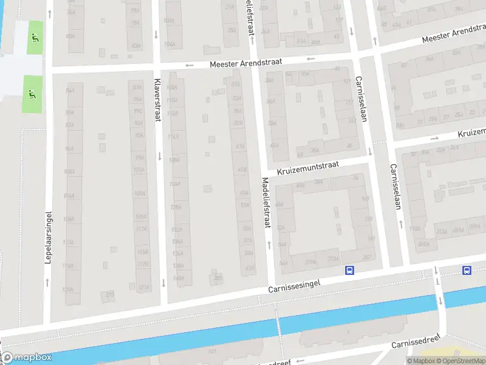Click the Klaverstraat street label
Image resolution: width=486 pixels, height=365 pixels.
click(157, 100)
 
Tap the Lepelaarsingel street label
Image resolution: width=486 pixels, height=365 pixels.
click(48, 237)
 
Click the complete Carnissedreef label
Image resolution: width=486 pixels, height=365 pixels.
click(419, 342)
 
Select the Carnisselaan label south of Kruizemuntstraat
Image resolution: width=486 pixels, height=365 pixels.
click(395, 187)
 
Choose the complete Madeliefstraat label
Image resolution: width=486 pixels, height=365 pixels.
click(265, 203)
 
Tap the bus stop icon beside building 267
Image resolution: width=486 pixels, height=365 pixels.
click(349, 270)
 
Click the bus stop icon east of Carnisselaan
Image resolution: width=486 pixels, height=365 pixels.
click(467, 270)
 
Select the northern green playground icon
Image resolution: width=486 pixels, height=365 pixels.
click(34, 38)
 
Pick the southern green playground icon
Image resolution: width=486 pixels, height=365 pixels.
click(32, 94)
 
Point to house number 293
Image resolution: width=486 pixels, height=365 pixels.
click(109, 294)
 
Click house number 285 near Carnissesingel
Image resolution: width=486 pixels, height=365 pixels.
click(218, 278)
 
